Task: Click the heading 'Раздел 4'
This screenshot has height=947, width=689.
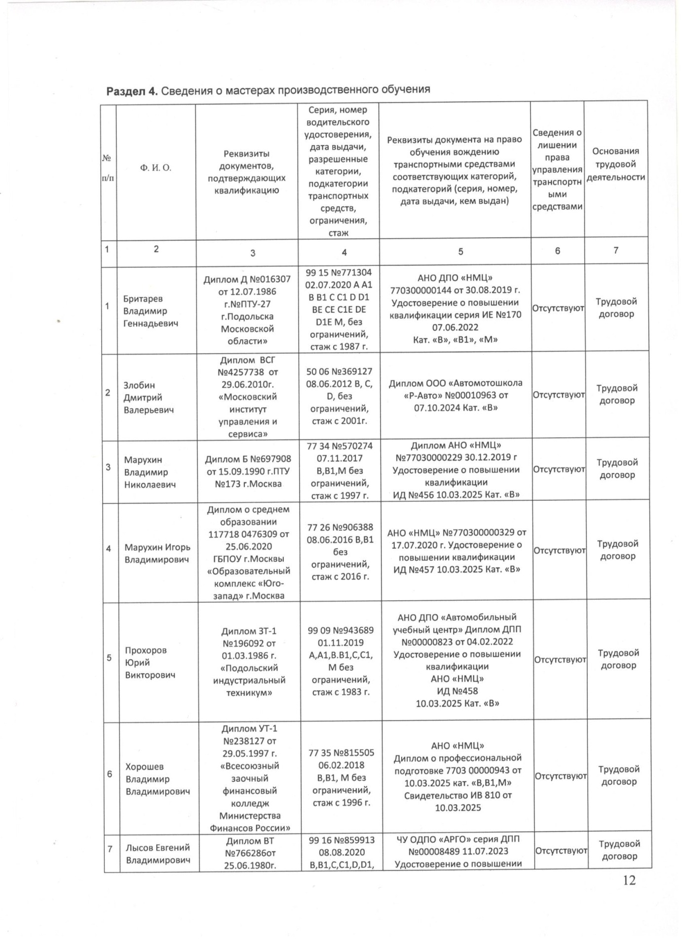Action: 132,91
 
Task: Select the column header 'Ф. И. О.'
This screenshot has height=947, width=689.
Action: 155,168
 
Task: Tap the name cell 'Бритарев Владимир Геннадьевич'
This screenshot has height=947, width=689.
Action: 151,311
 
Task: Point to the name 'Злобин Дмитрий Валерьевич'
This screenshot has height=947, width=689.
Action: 149,398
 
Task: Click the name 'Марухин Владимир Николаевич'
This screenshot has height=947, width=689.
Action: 150,473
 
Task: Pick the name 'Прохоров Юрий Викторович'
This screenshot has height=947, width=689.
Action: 150,662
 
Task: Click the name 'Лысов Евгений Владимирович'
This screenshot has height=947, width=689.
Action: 158,854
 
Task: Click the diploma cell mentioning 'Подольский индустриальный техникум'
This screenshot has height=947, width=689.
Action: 249,662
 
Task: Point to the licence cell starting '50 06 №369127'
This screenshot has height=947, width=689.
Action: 339,396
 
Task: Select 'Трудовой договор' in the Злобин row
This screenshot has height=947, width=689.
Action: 617,395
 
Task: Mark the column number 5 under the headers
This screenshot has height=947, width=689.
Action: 460,252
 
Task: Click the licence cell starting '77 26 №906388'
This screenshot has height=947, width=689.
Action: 340,552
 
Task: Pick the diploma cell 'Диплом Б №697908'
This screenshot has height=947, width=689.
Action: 248,472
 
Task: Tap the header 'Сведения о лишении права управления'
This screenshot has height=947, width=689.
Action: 557,169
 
